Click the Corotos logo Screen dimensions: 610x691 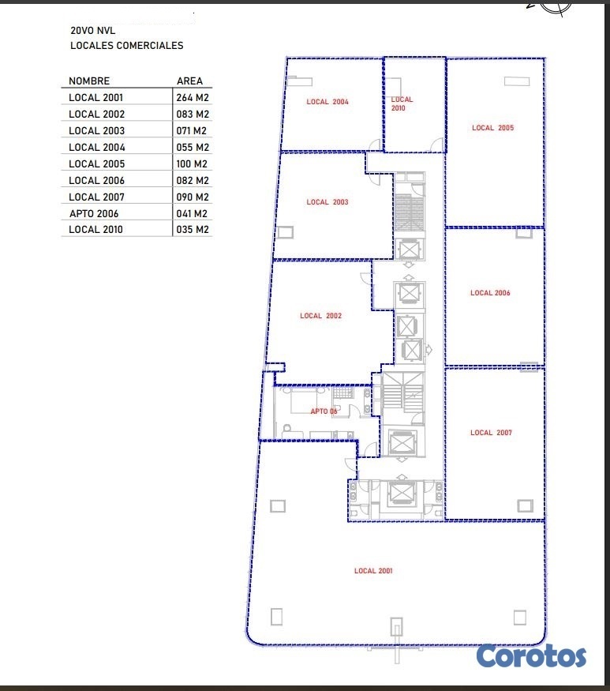tap(531, 656)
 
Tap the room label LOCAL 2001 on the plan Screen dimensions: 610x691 tap(373, 571)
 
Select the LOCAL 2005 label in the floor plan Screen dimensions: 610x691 tap(493, 128)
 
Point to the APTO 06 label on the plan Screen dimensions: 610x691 tap(324, 411)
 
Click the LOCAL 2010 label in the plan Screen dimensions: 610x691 tap(402, 103)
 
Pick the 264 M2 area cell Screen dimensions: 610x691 tap(193, 97)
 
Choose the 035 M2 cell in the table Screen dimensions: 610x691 tap(193, 229)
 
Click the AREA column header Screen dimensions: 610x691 tap(190, 81)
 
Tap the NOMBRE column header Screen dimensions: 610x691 tap(89, 81)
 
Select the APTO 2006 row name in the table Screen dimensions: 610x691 tap(94, 213)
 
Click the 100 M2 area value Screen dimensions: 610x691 tap(192, 164)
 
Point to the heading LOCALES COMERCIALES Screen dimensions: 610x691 tap(127, 45)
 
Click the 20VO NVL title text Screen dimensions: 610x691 tap(93, 31)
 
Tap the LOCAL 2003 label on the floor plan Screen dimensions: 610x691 tap(327, 202)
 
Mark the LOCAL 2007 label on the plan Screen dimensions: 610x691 tap(491, 433)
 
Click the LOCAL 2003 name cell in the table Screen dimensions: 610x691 tap(96, 130)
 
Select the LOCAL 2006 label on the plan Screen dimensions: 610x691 tap(490, 293)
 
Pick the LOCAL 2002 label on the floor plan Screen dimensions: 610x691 tap(320, 316)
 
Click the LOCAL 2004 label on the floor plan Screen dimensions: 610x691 tap(327, 102)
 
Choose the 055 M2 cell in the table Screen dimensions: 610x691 tap(193, 147)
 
